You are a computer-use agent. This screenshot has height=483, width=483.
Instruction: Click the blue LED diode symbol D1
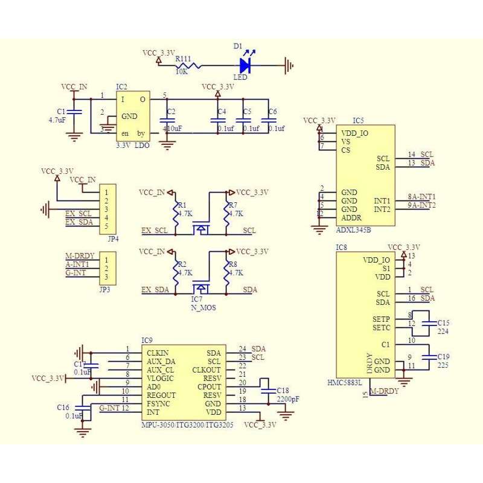coord(245,65)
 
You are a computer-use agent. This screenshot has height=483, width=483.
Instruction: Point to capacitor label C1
coord(60,112)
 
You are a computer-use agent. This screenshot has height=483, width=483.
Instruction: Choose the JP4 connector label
coord(112,238)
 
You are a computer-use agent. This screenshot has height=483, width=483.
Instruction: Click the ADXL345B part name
coord(353,230)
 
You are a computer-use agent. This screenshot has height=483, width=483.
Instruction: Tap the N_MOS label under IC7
coord(204,307)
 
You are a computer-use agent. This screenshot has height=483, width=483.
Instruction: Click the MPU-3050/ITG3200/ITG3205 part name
coord(187,425)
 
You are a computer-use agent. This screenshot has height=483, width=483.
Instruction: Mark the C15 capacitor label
coord(444,323)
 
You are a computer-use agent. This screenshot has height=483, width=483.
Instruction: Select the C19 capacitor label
coord(444,357)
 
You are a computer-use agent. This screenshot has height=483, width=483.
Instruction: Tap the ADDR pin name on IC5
coord(352,217)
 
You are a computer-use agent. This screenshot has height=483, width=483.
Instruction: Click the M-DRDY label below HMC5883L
coord(385,392)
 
